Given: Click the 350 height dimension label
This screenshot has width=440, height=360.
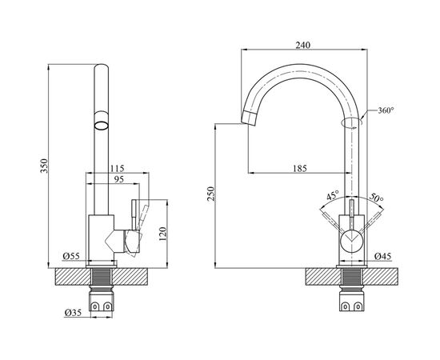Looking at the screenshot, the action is click(44, 166).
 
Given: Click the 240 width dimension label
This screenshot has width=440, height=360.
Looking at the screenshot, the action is click(303, 45).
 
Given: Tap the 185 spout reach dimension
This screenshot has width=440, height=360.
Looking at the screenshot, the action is click(300, 168).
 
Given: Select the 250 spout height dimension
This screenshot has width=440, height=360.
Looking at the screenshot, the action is click(210, 194).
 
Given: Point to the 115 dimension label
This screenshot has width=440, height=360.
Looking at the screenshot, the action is click(118, 168).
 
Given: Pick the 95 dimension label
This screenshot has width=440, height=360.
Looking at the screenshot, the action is click(119, 179).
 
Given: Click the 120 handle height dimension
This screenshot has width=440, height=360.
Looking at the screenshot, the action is click(163, 234).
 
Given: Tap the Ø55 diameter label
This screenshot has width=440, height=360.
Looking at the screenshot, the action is click(71, 256).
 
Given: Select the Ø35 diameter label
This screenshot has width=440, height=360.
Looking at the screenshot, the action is click(73, 312).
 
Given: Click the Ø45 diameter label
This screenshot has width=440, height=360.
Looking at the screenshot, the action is click(382, 256).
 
